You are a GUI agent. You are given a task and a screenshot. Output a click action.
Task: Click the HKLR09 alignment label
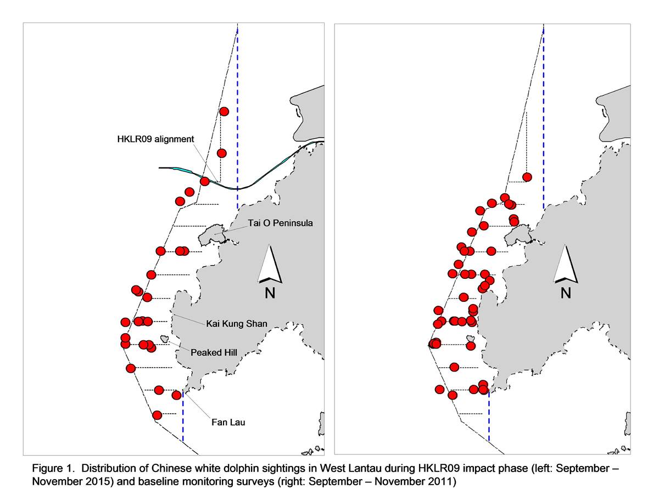coord(155,139)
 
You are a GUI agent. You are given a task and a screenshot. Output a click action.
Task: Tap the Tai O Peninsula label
coord(280,223)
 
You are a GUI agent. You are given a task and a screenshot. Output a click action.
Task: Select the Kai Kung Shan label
coord(237,324)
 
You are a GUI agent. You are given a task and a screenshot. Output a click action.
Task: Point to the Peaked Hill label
coord(214,352)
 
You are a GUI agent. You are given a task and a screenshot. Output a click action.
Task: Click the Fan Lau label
coord(228,422)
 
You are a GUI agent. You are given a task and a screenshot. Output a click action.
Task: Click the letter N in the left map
coord(270,293)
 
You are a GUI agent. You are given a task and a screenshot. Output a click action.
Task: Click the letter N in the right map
coord(566,293)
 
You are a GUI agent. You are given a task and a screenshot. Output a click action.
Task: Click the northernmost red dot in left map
coord(224,111)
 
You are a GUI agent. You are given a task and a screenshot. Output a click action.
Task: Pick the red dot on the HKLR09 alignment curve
coord(204,182)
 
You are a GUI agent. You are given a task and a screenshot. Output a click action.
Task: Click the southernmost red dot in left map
coord(157,415)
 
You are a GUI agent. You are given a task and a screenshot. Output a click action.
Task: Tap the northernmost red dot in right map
coord(527,177)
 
